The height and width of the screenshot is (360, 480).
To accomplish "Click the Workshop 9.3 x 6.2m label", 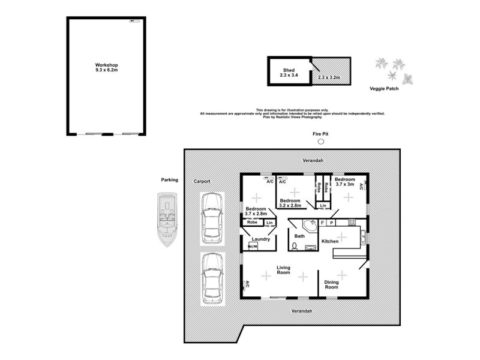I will [x=106, y=67].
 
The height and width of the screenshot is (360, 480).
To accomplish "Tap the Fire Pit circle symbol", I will [x=320, y=142].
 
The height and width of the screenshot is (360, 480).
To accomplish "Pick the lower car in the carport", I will [x=211, y=278].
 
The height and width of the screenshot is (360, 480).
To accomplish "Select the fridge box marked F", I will [x=323, y=223].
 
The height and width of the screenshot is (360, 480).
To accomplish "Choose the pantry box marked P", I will [x=331, y=223].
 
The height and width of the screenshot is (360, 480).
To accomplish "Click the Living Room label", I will [x=283, y=270].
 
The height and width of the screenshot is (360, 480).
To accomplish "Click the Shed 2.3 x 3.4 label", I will [x=289, y=73].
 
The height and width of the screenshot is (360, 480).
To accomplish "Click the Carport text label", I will [x=201, y=181].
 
